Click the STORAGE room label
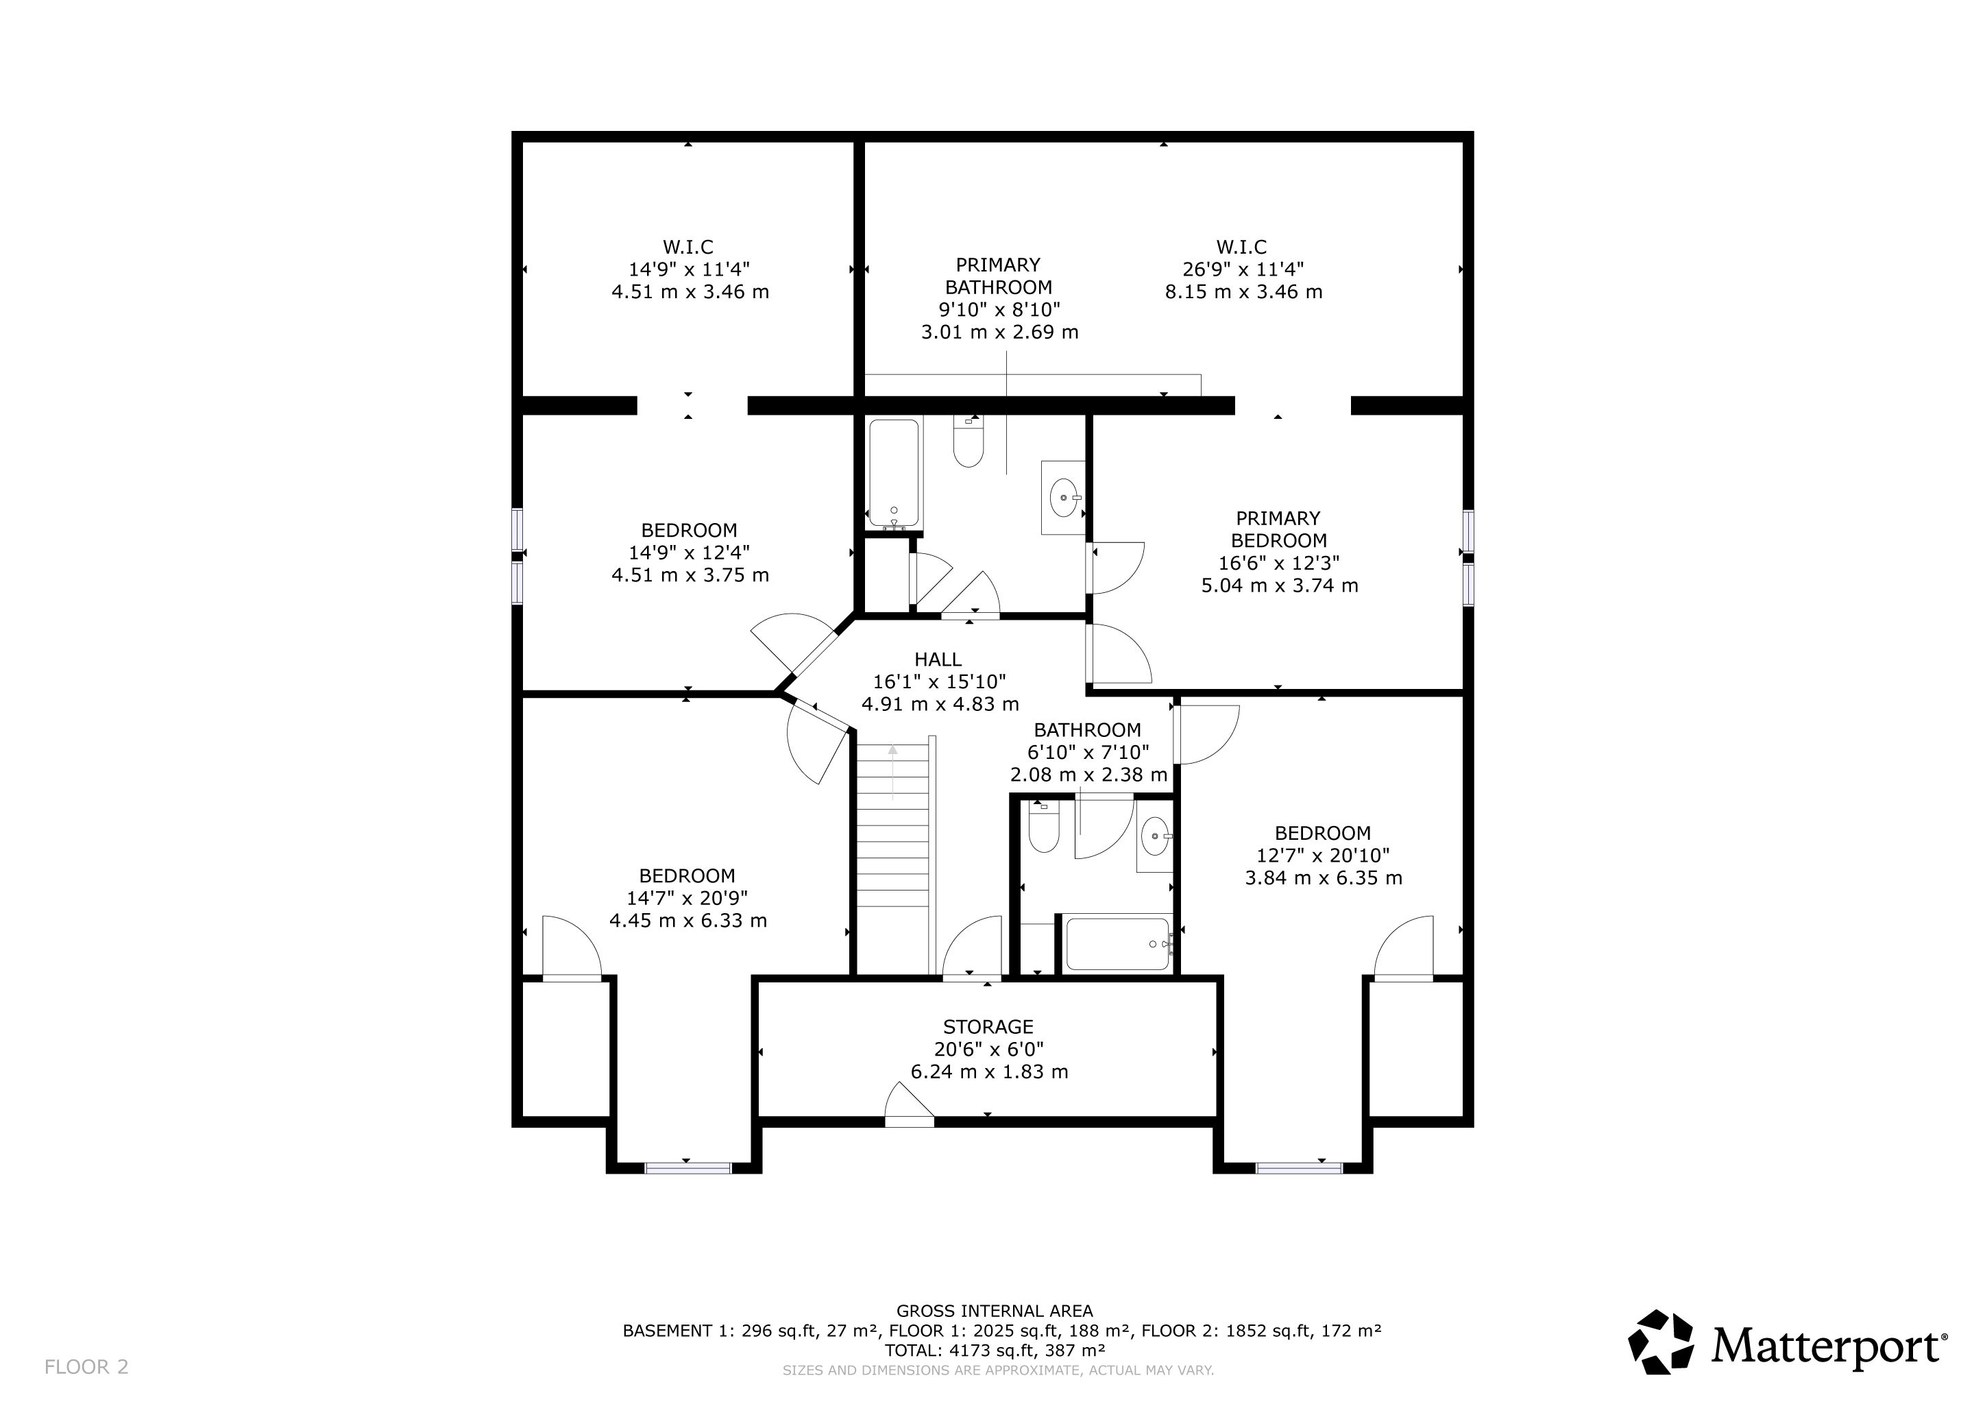[x=988, y=1027]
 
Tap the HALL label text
[x=938, y=659]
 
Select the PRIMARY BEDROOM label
[x=1278, y=529]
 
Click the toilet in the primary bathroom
[x=969, y=441]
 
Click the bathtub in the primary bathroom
[x=894, y=474]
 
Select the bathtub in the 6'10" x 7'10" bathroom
[x=1119, y=944]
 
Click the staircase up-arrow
[x=892, y=772]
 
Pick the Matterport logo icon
[x=1661, y=1342]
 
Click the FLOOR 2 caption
[x=86, y=1367]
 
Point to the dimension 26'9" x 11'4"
[x=1243, y=269]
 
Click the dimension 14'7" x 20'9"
[x=687, y=898]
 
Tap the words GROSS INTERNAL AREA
[x=995, y=1311]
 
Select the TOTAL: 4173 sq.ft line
[x=995, y=1351]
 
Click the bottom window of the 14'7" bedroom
[x=688, y=1168]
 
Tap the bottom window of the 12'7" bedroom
[x=1299, y=1168]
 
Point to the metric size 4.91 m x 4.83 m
[x=940, y=705]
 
